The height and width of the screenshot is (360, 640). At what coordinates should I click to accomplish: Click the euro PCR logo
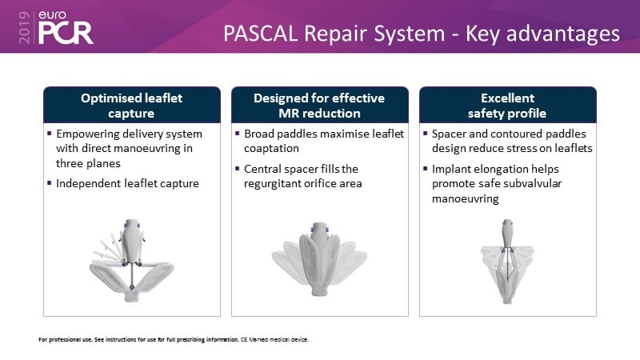tap(66, 27)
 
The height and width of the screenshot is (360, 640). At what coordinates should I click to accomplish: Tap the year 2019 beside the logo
tap(25, 27)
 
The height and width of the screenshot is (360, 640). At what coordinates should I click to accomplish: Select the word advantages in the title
tap(563, 34)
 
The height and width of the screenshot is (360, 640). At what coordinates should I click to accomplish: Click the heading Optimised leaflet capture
tap(131, 106)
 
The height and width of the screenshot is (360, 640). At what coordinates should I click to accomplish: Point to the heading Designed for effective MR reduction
tap(319, 106)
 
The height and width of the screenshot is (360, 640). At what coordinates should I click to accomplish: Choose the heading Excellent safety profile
tap(507, 106)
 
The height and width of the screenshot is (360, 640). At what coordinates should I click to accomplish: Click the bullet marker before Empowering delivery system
tap(50, 133)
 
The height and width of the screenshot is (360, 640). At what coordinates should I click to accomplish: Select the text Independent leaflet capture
tap(127, 183)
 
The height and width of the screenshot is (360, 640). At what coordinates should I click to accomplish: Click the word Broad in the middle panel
tap(259, 134)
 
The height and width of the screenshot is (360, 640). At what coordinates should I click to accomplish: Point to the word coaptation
tap(271, 149)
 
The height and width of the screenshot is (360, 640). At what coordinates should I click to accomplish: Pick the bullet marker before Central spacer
tap(237, 168)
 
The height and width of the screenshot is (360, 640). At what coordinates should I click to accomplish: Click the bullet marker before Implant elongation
tap(425, 168)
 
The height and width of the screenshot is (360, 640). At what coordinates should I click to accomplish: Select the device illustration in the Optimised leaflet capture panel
tap(132, 261)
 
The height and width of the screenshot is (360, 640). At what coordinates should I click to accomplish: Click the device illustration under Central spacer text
tap(319, 259)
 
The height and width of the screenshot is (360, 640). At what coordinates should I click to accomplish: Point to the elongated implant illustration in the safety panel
tap(507, 262)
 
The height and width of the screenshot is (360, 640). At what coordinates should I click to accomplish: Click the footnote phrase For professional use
tap(66, 339)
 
